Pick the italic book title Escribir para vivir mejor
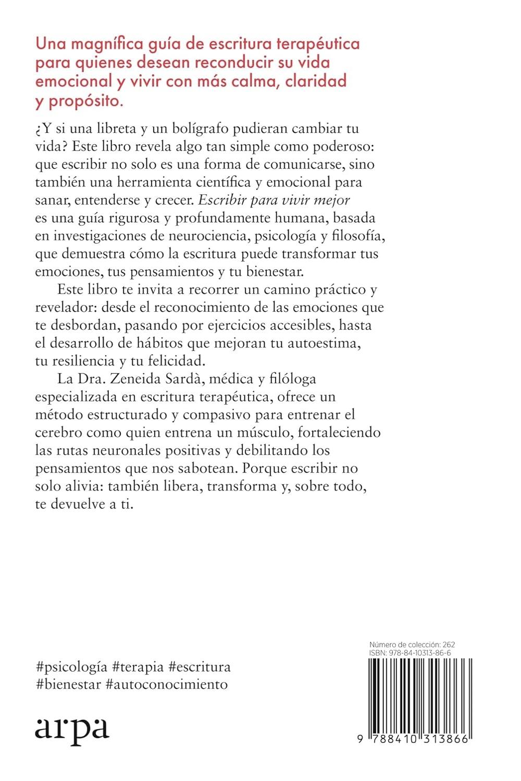pyautogui.click(x=272, y=200)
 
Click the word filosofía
pyautogui.click(x=359, y=236)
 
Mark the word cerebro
pyautogui.click(x=57, y=433)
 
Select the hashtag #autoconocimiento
pyautogui.click(x=166, y=684)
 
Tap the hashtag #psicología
pyautogui.click(x=72, y=666)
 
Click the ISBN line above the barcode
pyautogui.click(x=410, y=652)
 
